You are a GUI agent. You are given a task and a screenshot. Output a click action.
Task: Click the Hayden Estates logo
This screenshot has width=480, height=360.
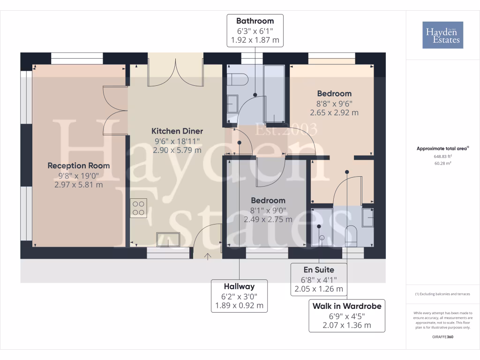442,35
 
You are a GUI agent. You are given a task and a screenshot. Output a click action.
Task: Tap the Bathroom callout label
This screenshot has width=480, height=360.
255,30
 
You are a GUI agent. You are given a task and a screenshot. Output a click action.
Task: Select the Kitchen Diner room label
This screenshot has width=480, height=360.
177,131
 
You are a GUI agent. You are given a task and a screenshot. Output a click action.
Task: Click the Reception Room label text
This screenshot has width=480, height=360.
79,165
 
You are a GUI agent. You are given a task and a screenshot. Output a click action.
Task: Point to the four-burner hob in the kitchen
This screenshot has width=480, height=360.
138,208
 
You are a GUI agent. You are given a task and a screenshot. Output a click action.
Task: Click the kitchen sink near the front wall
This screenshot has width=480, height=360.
168,240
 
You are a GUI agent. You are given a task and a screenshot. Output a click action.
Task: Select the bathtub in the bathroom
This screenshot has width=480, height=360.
274,94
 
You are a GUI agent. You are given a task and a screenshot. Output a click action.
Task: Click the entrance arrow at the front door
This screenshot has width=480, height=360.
208,256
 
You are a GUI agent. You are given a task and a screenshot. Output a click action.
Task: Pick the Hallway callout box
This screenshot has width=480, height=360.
240,296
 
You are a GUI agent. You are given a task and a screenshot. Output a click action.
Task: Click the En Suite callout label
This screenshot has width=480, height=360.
319,279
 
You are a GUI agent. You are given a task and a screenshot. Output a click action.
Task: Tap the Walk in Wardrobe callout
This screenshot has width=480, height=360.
347,315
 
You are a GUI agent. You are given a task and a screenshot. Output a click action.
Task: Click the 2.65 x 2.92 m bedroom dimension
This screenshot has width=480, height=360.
334,112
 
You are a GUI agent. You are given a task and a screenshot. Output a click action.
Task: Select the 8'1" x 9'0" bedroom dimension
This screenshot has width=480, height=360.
268,210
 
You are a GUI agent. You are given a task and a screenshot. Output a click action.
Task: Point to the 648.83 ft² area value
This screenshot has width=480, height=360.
442,157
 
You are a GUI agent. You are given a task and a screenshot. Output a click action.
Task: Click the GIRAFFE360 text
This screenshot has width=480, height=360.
442,337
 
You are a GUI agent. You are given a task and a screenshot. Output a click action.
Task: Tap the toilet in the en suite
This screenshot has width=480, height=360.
351,236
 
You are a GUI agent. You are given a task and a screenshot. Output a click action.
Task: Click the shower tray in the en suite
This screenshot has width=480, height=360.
322,227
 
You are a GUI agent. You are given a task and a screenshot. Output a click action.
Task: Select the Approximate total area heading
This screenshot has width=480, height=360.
442,149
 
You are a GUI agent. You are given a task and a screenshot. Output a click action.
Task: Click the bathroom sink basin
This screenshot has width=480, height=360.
232,104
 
